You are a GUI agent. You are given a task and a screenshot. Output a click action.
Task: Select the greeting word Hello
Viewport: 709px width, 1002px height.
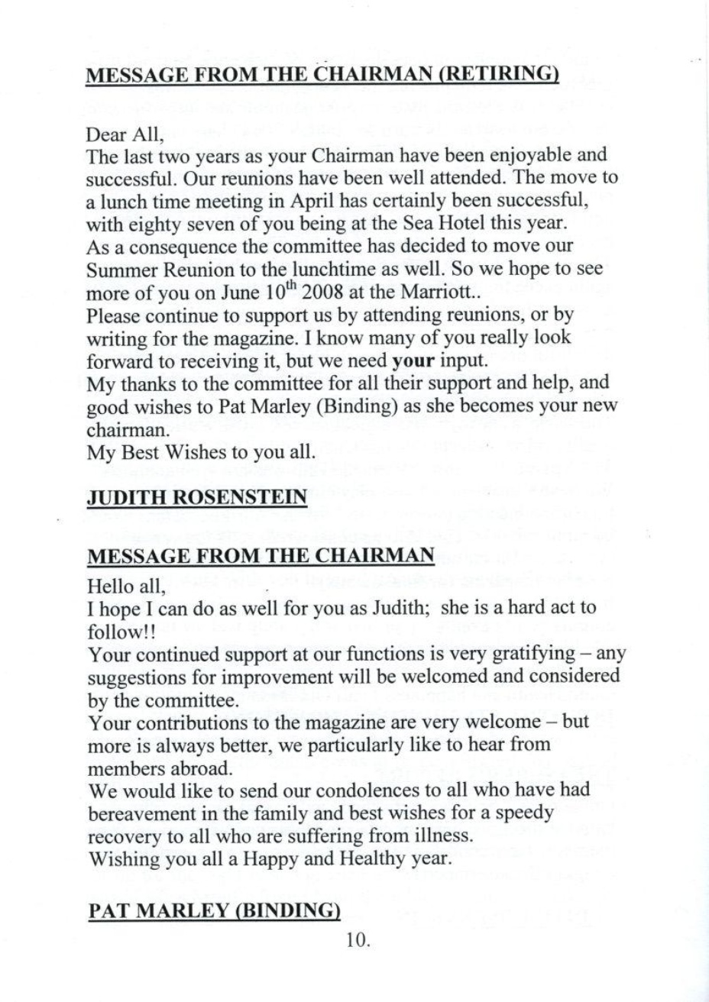109,588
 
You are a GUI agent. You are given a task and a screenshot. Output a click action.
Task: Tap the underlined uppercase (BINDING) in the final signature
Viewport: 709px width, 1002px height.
279,911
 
